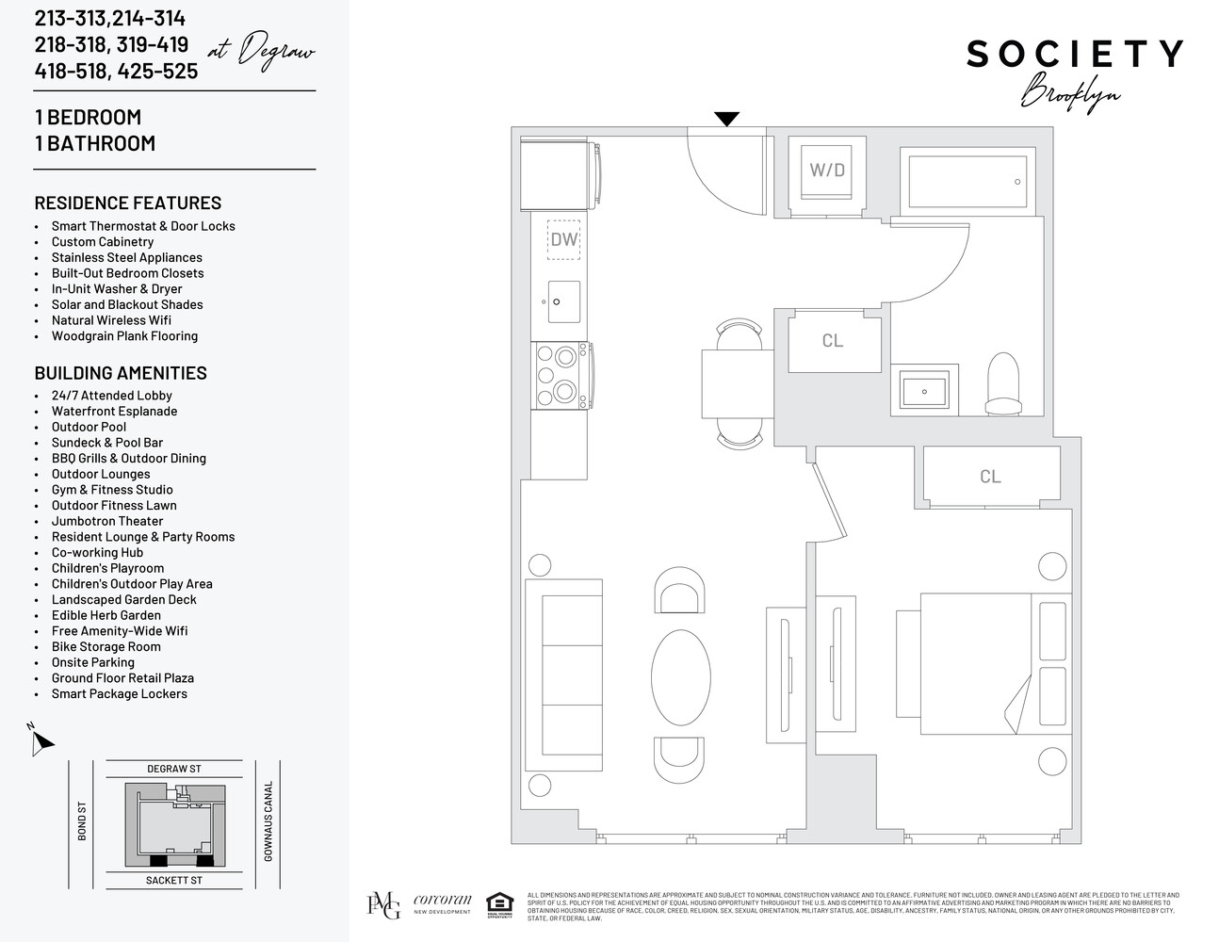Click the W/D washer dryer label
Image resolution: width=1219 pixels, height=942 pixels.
click(x=827, y=171)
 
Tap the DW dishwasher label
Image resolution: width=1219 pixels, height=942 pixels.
click(x=563, y=239)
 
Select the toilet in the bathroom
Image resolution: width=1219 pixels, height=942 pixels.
click(x=1002, y=383)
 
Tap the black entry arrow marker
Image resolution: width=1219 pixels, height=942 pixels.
click(x=726, y=119)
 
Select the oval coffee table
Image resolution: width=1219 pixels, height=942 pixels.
click(x=680, y=674)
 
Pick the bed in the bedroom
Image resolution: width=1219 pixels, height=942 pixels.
click(x=994, y=663)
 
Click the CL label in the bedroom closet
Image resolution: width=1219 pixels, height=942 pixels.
click(x=990, y=477)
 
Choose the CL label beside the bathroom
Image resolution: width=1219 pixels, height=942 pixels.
click(x=833, y=340)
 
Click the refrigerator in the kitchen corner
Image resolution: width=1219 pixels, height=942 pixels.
click(x=558, y=174)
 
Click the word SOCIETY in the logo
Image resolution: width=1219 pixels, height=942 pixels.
click(x=1074, y=55)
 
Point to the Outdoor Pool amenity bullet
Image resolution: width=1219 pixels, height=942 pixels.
click(x=89, y=427)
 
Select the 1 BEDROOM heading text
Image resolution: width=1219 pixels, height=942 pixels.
click(x=88, y=117)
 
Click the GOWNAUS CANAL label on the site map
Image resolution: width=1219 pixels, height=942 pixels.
click(x=268, y=820)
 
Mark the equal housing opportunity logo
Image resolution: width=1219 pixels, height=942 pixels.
click(x=499, y=904)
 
